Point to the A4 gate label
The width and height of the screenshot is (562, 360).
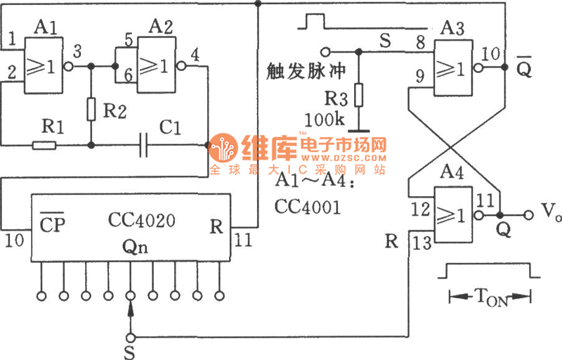452,174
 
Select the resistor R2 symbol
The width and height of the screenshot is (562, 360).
91,109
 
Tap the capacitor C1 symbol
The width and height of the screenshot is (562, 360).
145,146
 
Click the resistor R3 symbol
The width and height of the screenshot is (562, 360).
358,94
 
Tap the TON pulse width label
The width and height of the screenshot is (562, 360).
492,299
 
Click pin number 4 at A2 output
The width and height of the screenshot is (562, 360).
194,53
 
